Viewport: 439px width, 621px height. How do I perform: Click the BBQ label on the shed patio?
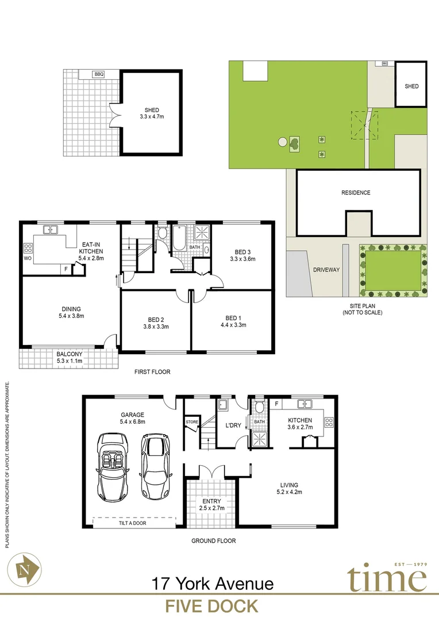(x=99, y=74)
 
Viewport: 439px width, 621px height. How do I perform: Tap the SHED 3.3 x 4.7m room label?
(x=152, y=113)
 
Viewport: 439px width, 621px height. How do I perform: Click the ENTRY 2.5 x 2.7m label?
(x=211, y=505)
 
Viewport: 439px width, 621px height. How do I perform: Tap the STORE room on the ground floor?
(x=191, y=423)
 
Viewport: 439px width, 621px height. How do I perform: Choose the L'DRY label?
(x=233, y=425)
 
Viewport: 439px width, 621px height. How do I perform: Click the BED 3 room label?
(x=242, y=255)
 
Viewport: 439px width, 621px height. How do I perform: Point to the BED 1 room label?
(x=233, y=321)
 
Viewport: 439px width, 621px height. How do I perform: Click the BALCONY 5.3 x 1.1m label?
(x=70, y=358)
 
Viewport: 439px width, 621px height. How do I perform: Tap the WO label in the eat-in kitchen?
(x=28, y=259)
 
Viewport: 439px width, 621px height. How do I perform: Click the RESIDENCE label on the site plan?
(x=356, y=193)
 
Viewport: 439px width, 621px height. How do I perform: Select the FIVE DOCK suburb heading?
(x=211, y=606)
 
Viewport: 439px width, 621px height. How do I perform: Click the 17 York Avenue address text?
(x=212, y=584)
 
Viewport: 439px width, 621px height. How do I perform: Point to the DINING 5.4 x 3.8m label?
(x=71, y=312)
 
